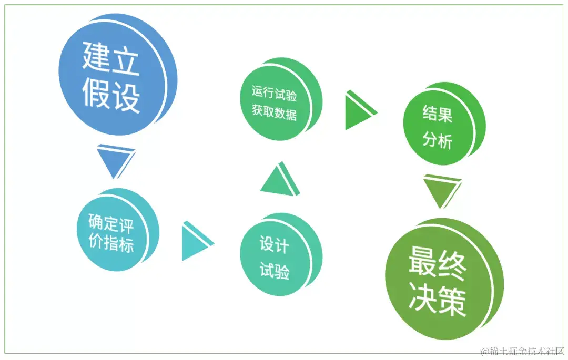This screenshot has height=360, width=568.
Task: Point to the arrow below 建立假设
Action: [x=114, y=161]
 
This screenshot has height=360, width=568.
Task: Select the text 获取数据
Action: [x=274, y=111]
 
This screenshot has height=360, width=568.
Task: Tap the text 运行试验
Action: [x=274, y=94]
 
